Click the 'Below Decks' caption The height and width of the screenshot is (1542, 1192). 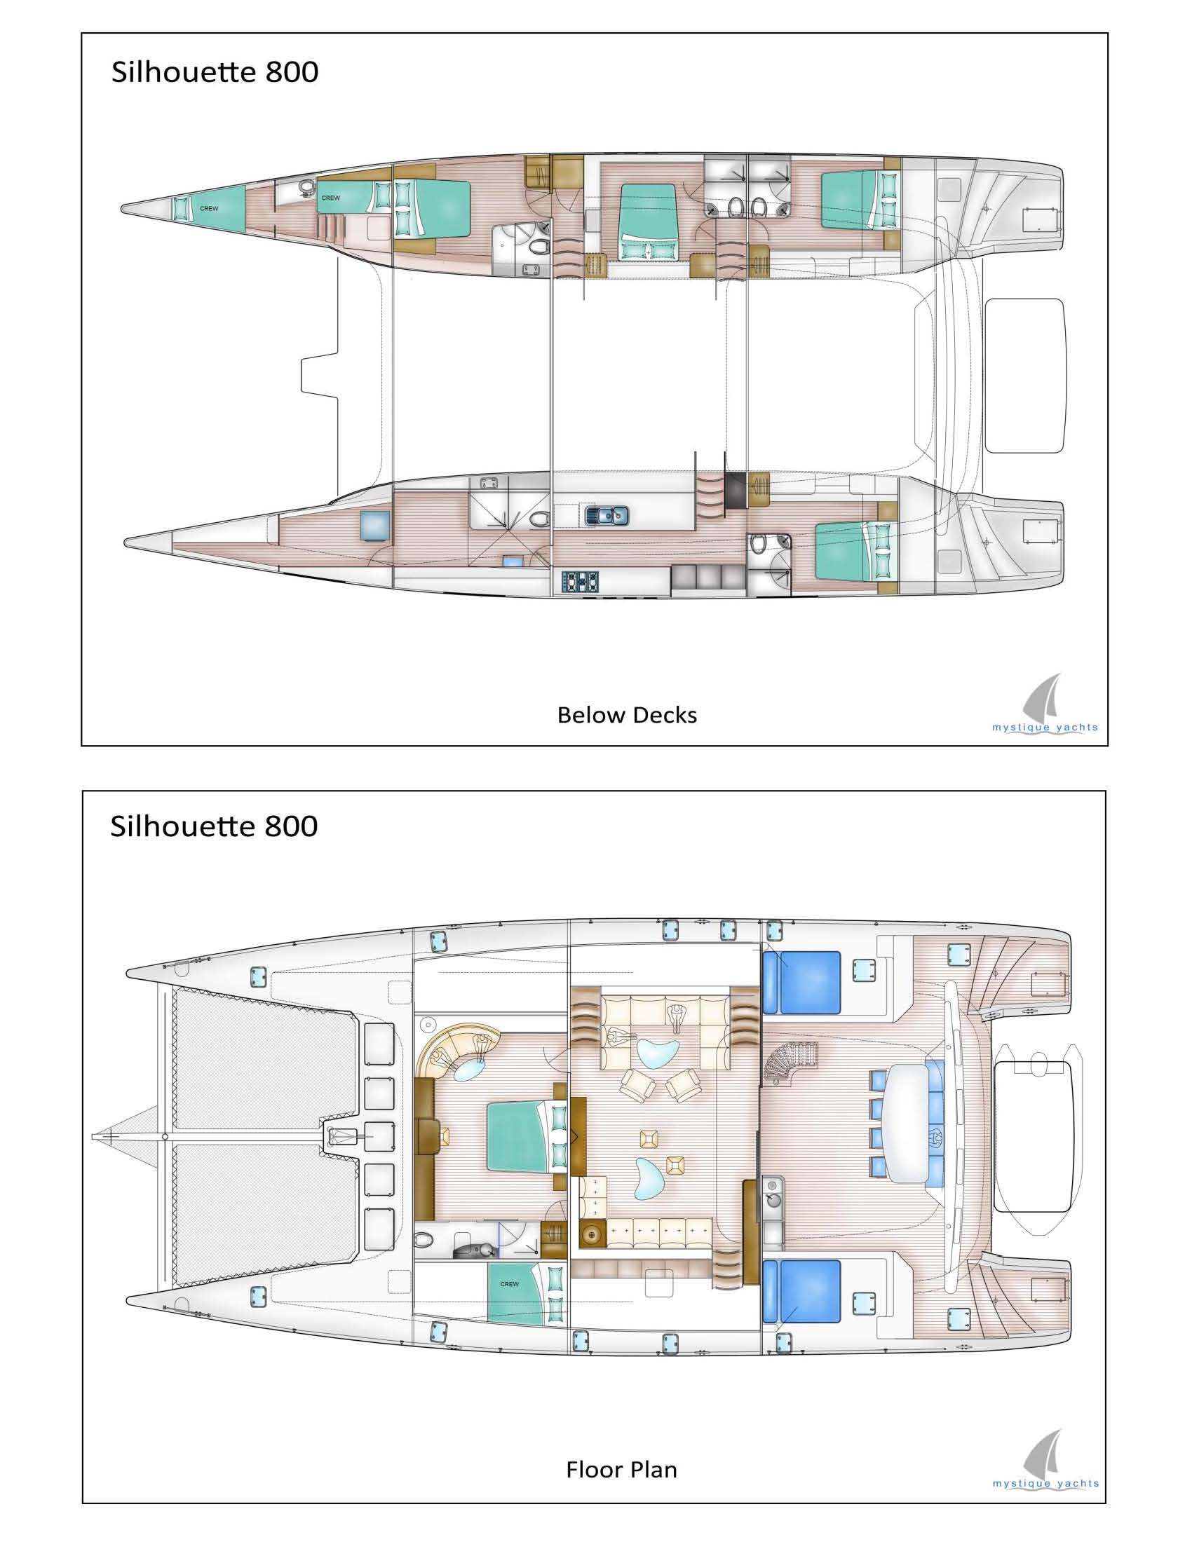pyautogui.click(x=626, y=715)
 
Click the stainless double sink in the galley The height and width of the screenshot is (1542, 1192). pyautogui.click(x=605, y=516)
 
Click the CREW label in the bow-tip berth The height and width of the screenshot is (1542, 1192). pyautogui.click(x=209, y=208)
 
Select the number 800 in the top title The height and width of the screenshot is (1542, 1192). pyautogui.click(x=292, y=73)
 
